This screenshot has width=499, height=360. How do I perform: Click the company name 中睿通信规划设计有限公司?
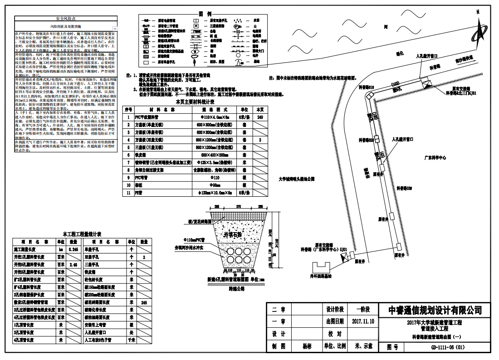click(x=435, y=310)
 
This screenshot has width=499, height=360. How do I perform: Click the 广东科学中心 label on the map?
click(x=435, y=158)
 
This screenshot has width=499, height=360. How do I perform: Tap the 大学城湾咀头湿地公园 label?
click(x=296, y=179)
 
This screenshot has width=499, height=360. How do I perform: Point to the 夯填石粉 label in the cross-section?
click(x=233, y=234)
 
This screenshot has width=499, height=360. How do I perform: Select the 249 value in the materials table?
click(x=260, y=117)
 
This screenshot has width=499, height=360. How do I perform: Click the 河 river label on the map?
click(x=385, y=27)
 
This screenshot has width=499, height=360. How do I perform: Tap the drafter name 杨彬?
click(x=308, y=346)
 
